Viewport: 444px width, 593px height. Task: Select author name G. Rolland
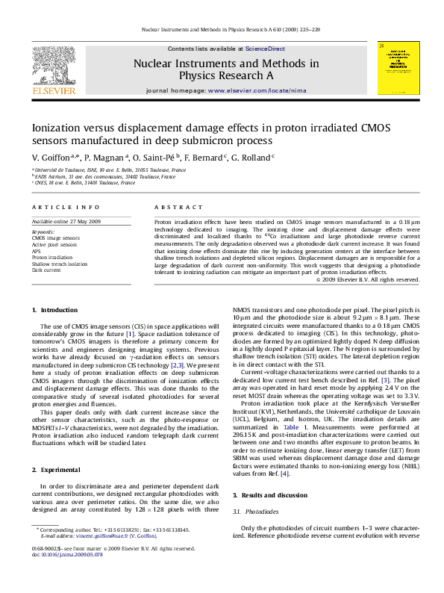click(254, 158)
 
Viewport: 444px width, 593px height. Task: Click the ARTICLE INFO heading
click(66, 206)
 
